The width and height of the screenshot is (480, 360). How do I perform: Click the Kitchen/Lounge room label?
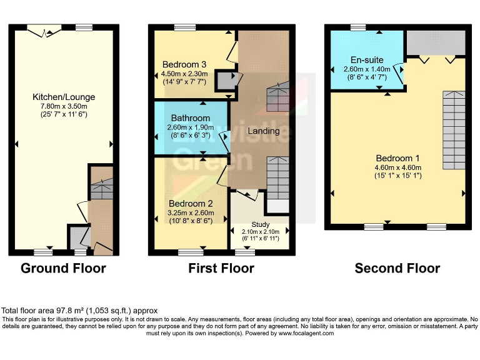(x=64, y=97)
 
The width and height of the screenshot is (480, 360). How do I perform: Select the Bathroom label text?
(x=190, y=118)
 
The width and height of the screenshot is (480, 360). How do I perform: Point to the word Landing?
(x=263, y=131)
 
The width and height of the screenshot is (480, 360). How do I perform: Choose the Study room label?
(x=260, y=224)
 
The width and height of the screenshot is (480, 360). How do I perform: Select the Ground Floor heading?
(x=63, y=269)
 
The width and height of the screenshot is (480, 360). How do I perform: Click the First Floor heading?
(x=221, y=269)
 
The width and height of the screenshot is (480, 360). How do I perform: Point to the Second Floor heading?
(x=397, y=269)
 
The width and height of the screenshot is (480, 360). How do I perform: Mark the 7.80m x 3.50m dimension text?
(x=64, y=106)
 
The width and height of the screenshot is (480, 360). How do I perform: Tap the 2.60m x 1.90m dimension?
(x=189, y=127)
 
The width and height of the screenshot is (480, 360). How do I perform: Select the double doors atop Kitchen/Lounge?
(x=47, y=27)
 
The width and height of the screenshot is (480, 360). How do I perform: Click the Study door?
(x=247, y=195)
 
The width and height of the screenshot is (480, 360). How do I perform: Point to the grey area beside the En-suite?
(x=436, y=42)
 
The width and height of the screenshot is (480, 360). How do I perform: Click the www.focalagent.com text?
(x=303, y=333)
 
